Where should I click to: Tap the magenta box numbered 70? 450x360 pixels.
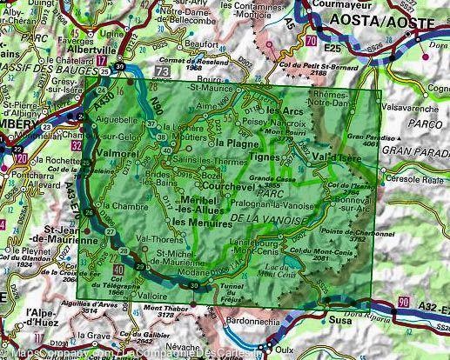pyautogui.click(x=311, y=39)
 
